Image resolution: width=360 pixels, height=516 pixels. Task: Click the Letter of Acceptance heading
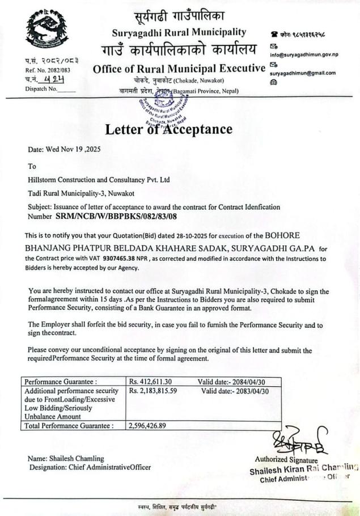coord(168,129)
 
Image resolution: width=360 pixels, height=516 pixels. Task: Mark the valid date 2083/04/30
coord(253,391)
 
